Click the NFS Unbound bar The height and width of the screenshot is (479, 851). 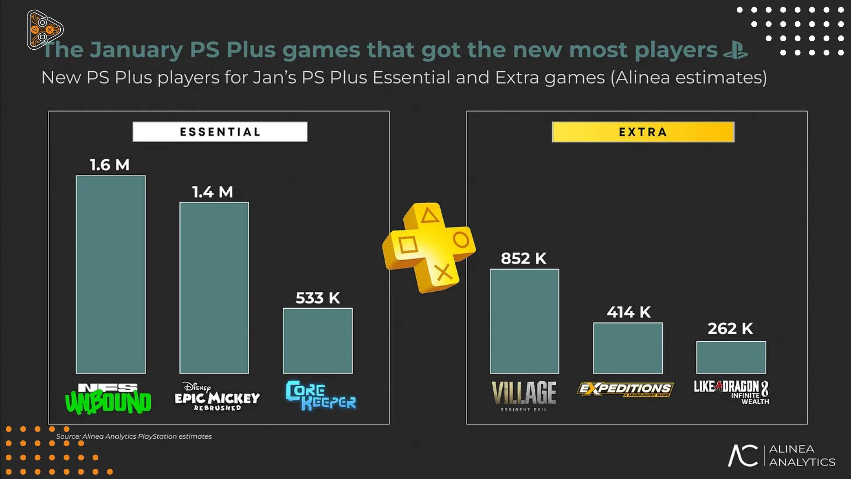tap(111, 274)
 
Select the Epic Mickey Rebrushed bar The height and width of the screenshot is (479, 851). tap(214, 287)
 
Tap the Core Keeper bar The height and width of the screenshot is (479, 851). tap(318, 341)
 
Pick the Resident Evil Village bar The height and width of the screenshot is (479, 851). tap(524, 321)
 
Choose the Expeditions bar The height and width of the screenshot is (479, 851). tap(628, 348)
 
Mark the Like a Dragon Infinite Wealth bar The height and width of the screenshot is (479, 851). tap(731, 357)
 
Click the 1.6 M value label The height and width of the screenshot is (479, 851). tap(110, 165)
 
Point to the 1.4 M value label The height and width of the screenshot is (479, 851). tap(213, 192)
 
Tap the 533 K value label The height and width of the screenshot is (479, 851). tap(318, 298)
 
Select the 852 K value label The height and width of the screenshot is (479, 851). tap(524, 259)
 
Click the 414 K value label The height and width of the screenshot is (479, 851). tap(629, 312)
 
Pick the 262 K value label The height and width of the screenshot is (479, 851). tap(730, 329)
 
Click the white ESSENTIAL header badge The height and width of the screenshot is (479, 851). tap(220, 132)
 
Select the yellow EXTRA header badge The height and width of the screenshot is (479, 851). tap(643, 132)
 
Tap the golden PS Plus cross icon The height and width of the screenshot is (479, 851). tap(429, 247)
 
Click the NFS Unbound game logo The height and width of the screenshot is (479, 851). tap(108, 398)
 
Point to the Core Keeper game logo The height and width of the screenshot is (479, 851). tap(320, 396)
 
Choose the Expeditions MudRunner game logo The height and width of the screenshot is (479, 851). tap(625, 389)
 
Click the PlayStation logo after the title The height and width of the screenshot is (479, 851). tap(736, 50)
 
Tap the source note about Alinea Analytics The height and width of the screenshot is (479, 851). tap(134, 436)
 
